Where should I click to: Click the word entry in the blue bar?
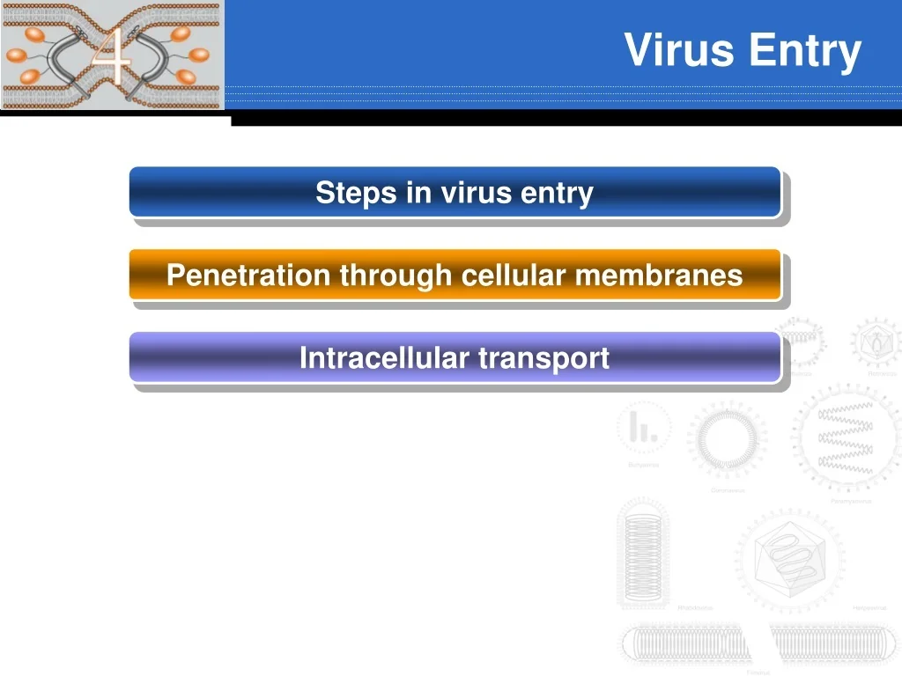click(x=556, y=192)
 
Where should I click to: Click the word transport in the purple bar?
click(x=543, y=358)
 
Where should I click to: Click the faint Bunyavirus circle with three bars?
click(x=644, y=428)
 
